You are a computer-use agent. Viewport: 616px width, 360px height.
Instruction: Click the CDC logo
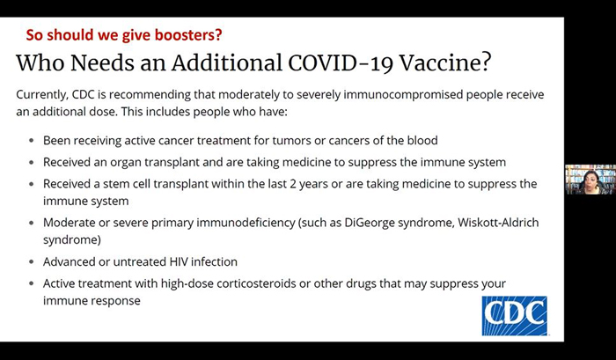[514, 316]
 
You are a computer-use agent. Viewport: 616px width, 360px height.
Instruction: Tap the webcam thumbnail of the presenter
[590, 180]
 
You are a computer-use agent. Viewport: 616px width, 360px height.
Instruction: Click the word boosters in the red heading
[188, 34]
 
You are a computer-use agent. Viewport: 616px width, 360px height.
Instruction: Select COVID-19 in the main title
[341, 62]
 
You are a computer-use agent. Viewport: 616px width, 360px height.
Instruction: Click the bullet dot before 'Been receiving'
[32, 140]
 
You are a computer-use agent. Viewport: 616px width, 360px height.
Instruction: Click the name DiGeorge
[370, 223]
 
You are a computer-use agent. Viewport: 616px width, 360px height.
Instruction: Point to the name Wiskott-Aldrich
[498, 223]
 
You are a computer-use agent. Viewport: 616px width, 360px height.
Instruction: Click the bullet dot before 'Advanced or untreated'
[32, 261]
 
